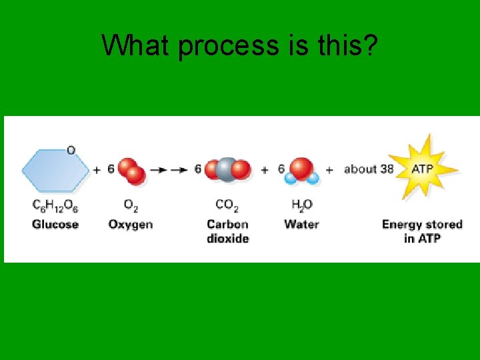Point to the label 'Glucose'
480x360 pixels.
click(55, 224)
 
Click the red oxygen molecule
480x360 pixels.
click(131, 170)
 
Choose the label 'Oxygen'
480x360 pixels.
click(131, 224)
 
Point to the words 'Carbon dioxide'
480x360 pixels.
click(227, 231)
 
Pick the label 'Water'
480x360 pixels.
click(301, 224)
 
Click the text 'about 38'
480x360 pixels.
click(369, 169)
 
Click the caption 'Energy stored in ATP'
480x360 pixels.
click(422, 231)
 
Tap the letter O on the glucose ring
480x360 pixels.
click(71, 150)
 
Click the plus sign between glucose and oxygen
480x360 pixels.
click(97, 170)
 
